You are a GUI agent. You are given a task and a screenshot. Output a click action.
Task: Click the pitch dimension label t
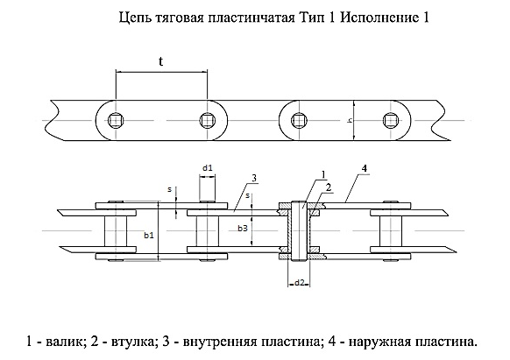[161, 61]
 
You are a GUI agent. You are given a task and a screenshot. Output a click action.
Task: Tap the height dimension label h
[350, 120]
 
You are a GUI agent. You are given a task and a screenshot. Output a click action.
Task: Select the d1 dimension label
[208, 168]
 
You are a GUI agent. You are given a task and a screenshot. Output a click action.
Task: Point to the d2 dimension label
[299, 283]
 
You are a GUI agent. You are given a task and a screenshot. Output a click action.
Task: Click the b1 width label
[149, 236]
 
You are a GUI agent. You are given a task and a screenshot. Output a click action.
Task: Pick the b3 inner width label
[243, 229]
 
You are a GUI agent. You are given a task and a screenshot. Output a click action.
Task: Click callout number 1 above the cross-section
[323, 174]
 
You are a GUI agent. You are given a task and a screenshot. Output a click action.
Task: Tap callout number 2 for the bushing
[329, 187]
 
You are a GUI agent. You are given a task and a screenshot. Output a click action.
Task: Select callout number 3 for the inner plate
[254, 178]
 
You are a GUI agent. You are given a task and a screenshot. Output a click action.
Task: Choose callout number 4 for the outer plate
[365, 168]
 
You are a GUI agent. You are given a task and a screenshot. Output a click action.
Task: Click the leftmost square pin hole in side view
[116, 120]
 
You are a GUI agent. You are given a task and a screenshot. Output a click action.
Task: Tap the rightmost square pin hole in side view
[389, 120]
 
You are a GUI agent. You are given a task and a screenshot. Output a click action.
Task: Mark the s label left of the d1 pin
[169, 189]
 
